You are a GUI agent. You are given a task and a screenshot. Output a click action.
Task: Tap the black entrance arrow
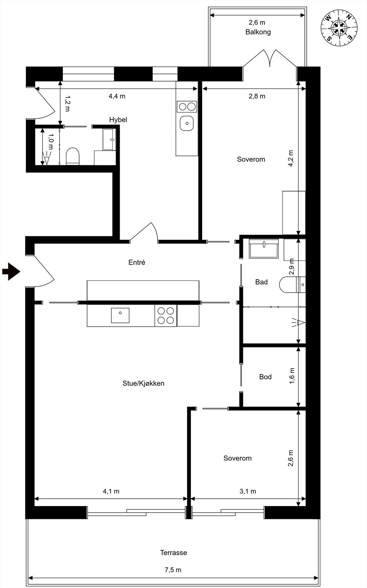(11, 272)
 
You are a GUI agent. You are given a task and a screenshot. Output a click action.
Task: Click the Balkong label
(258, 32)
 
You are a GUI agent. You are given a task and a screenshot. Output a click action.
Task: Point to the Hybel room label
(118, 120)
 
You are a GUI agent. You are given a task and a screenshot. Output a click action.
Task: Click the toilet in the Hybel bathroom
(73, 156)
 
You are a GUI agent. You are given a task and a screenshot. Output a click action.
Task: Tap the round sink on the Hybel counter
(187, 123)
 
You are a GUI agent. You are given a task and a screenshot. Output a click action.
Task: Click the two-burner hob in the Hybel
(187, 107)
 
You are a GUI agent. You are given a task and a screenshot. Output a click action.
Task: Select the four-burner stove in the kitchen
(166, 315)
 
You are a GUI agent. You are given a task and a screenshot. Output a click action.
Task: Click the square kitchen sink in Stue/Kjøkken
(120, 315)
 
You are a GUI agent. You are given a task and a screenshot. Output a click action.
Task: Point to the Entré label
(137, 262)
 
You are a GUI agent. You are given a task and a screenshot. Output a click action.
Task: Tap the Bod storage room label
(265, 377)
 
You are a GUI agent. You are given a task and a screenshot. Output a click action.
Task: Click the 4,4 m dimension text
(117, 96)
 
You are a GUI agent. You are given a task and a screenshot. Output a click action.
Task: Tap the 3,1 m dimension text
(248, 491)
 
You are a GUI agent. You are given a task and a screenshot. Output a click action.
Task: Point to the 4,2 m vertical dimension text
(290, 159)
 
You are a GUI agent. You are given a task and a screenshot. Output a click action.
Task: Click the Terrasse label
(173, 553)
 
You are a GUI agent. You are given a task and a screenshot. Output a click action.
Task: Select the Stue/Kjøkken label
(143, 383)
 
